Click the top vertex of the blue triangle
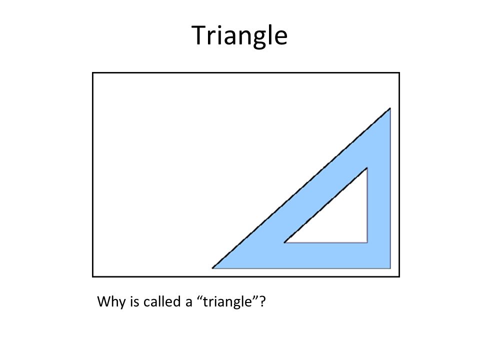pos(389,108)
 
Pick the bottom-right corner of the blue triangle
pos(389,268)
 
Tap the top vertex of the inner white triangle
pos(367,168)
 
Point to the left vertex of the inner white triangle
pos(285,242)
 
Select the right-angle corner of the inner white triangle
pos(367,242)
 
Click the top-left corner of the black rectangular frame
pos(93,73)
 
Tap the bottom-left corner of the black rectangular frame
pos(93,276)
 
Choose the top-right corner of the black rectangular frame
pos(399,73)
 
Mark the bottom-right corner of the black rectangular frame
pos(399,276)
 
